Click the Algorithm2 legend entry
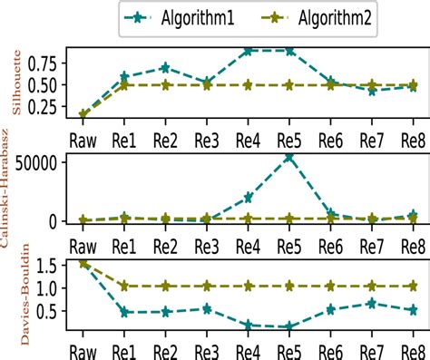321,16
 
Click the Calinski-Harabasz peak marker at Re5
289,157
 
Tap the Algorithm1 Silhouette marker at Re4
248,51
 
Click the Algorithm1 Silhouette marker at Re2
165,68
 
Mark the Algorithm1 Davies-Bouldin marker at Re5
289,326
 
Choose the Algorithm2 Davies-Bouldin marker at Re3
207,286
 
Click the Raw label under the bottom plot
83,348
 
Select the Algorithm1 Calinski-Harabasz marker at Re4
248,197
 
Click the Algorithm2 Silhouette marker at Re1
124,85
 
